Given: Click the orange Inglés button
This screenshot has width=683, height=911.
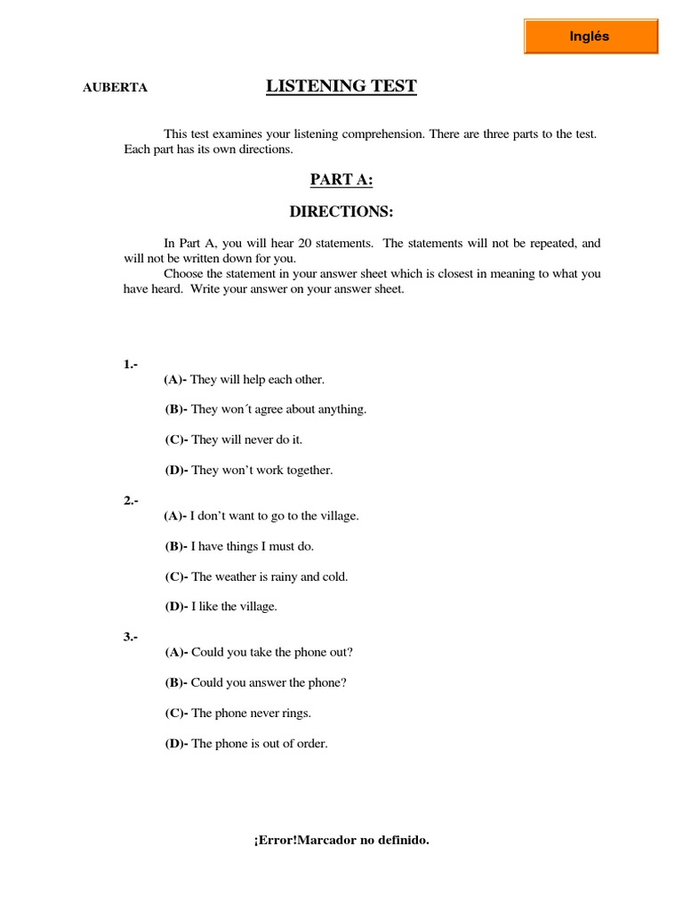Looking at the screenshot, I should point(590,36).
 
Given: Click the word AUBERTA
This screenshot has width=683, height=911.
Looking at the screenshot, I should point(115,87).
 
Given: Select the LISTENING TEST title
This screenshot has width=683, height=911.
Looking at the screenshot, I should point(341,86).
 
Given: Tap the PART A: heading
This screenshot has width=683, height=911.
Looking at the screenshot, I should point(341,181).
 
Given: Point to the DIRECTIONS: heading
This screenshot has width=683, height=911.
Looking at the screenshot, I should point(341,212).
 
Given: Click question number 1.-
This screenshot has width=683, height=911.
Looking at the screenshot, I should point(131,365).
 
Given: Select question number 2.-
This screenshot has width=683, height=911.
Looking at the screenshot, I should point(131,501).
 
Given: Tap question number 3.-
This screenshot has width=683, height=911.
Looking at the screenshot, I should point(131,637).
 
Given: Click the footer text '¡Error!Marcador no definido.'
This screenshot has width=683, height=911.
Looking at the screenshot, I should point(341,840).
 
